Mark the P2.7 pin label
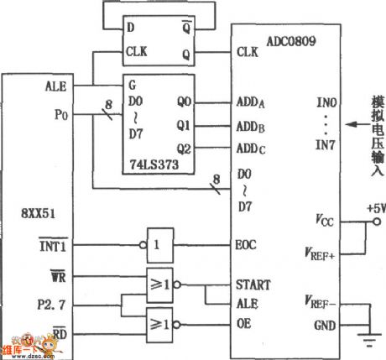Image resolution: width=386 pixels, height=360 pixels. click(54, 298)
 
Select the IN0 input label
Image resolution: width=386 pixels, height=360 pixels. click(326, 103)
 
